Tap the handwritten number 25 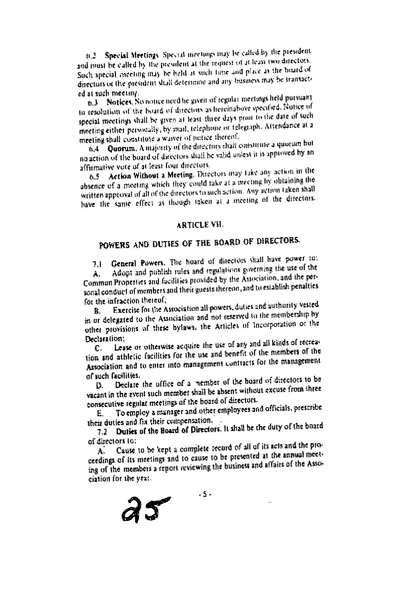click(145, 509)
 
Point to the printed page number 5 click(204, 495)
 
